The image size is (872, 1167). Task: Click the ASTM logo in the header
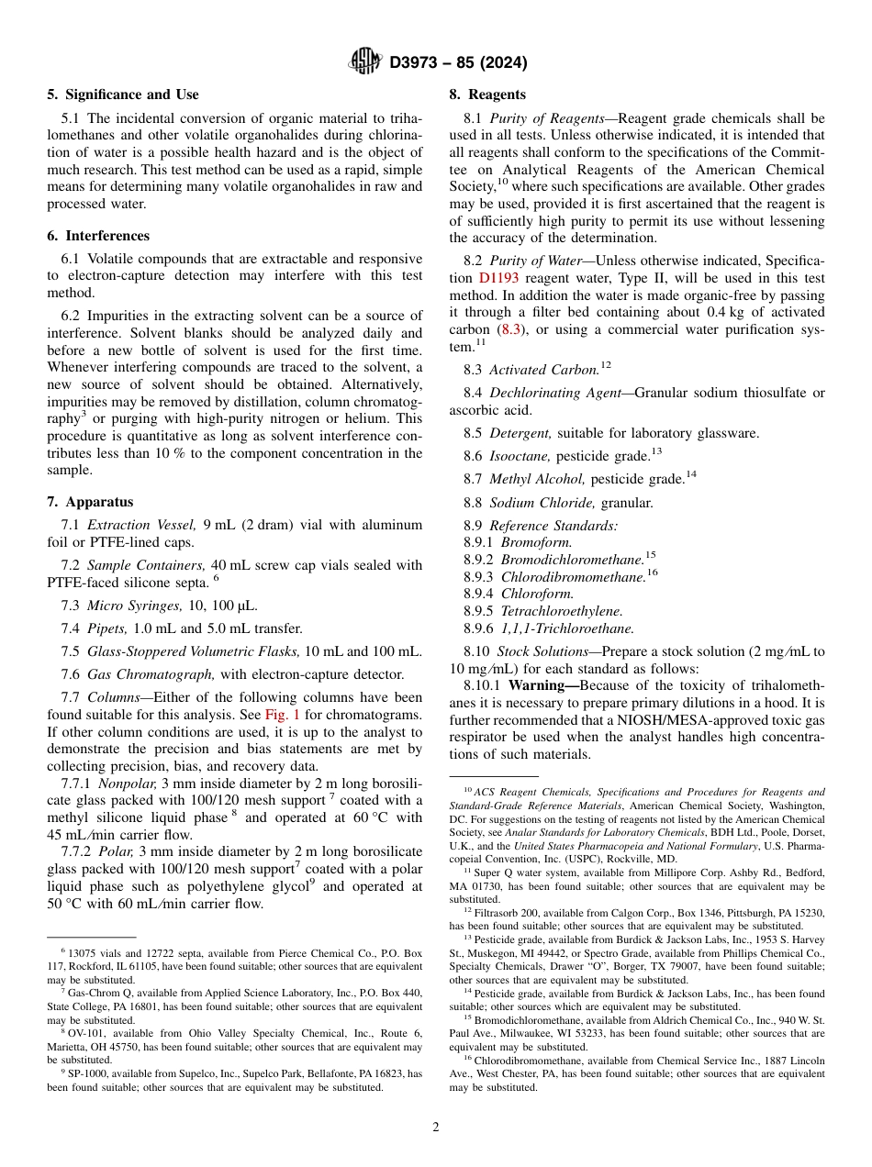pyautogui.click(x=365, y=61)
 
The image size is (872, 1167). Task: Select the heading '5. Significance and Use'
pyautogui.click(x=123, y=94)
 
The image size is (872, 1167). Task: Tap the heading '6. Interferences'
pyautogui.click(x=98, y=236)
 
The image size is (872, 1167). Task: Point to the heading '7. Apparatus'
pyautogui.click(x=90, y=502)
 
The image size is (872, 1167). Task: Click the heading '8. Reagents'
pyautogui.click(x=486, y=94)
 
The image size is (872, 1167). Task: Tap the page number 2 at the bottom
pyautogui.click(x=436, y=1128)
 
